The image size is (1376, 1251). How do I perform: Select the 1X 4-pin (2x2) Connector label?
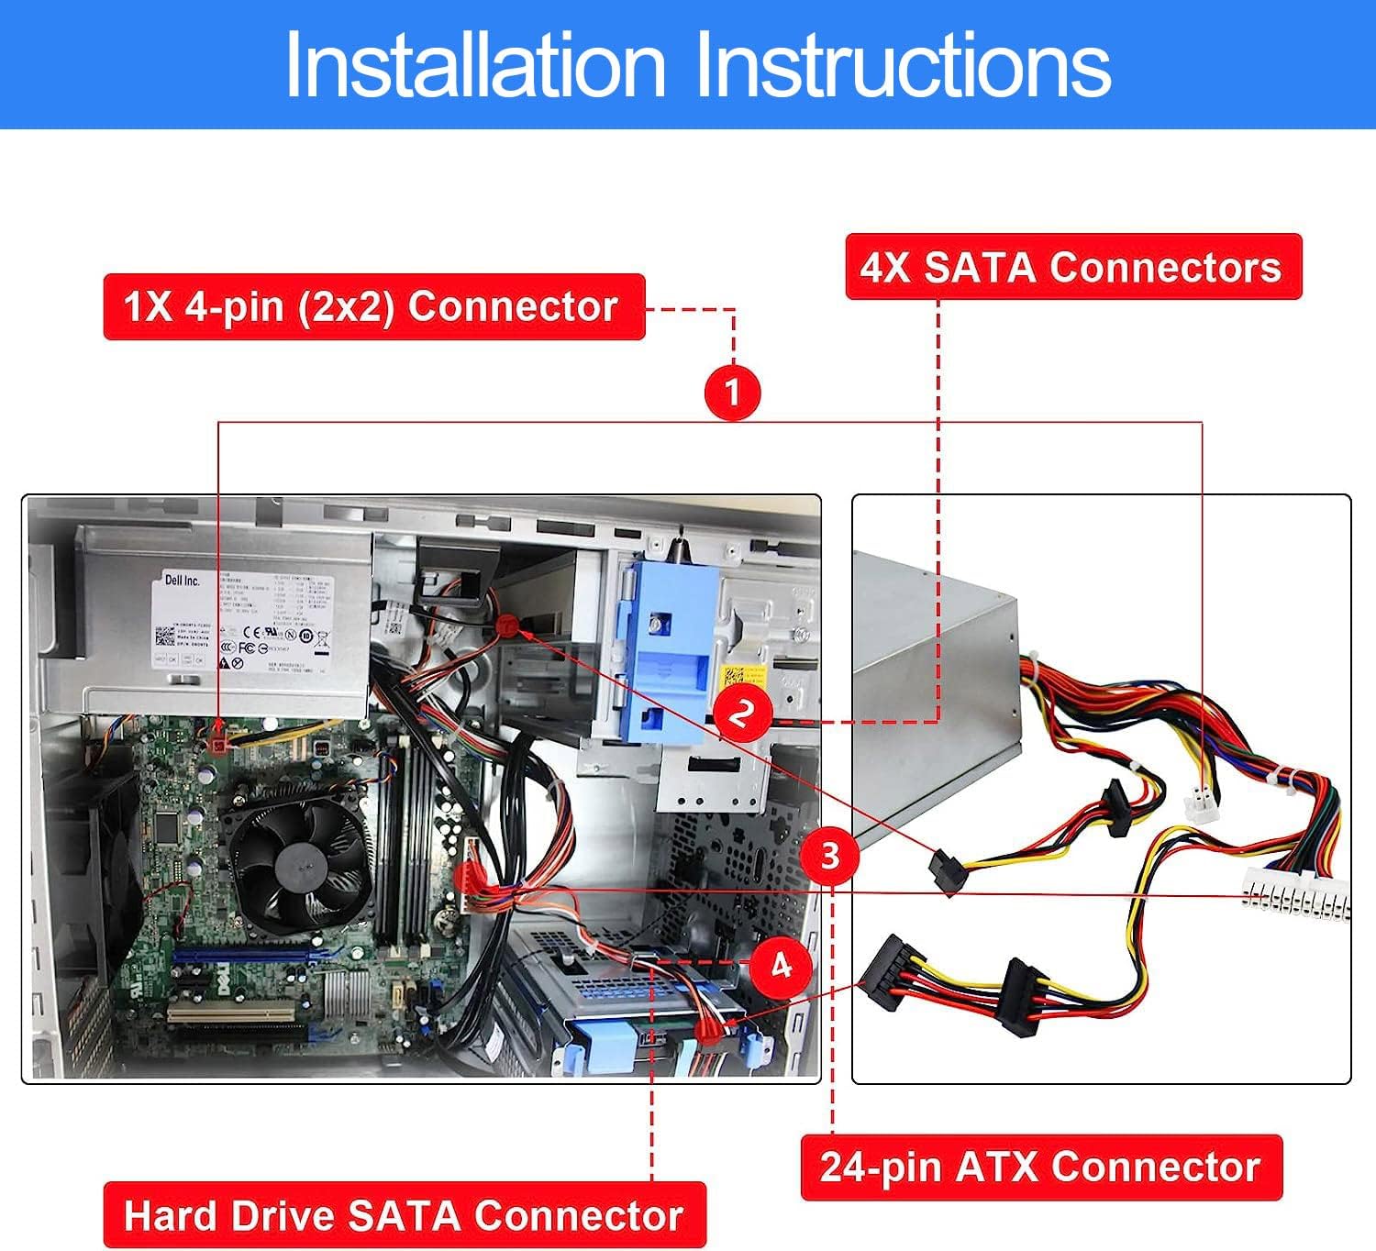[373, 306]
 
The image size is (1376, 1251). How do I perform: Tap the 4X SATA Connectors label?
[1072, 267]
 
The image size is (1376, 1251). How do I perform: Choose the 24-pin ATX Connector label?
[1040, 1168]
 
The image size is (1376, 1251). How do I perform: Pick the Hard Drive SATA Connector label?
[404, 1215]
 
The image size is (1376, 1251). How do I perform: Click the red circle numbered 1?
[732, 393]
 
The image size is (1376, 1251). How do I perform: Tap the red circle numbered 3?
[829, 856]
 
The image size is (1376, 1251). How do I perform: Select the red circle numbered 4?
[780, 966]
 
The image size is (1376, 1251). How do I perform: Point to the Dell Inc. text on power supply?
[182, 580]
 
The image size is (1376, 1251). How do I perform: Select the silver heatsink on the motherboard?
[346, 993]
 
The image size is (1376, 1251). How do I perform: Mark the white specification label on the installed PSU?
[243, 622]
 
